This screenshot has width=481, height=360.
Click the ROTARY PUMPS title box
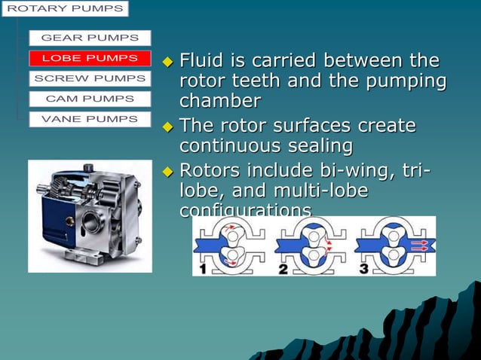[x=64, y=9]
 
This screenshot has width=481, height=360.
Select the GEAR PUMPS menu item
[x=90, y=38]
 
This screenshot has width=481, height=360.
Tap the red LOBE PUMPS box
[x=90, y=58]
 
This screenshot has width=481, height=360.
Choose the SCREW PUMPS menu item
[x=90, y=78]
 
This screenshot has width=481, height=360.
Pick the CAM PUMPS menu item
[x=90, y=99]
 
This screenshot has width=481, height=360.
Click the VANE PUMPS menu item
[x=90, y=119]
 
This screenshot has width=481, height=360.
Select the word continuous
[x=223, y=145]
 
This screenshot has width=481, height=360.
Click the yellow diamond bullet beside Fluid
[x=168, y=61]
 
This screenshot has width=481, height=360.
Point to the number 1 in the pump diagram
[x=201, y=268]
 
